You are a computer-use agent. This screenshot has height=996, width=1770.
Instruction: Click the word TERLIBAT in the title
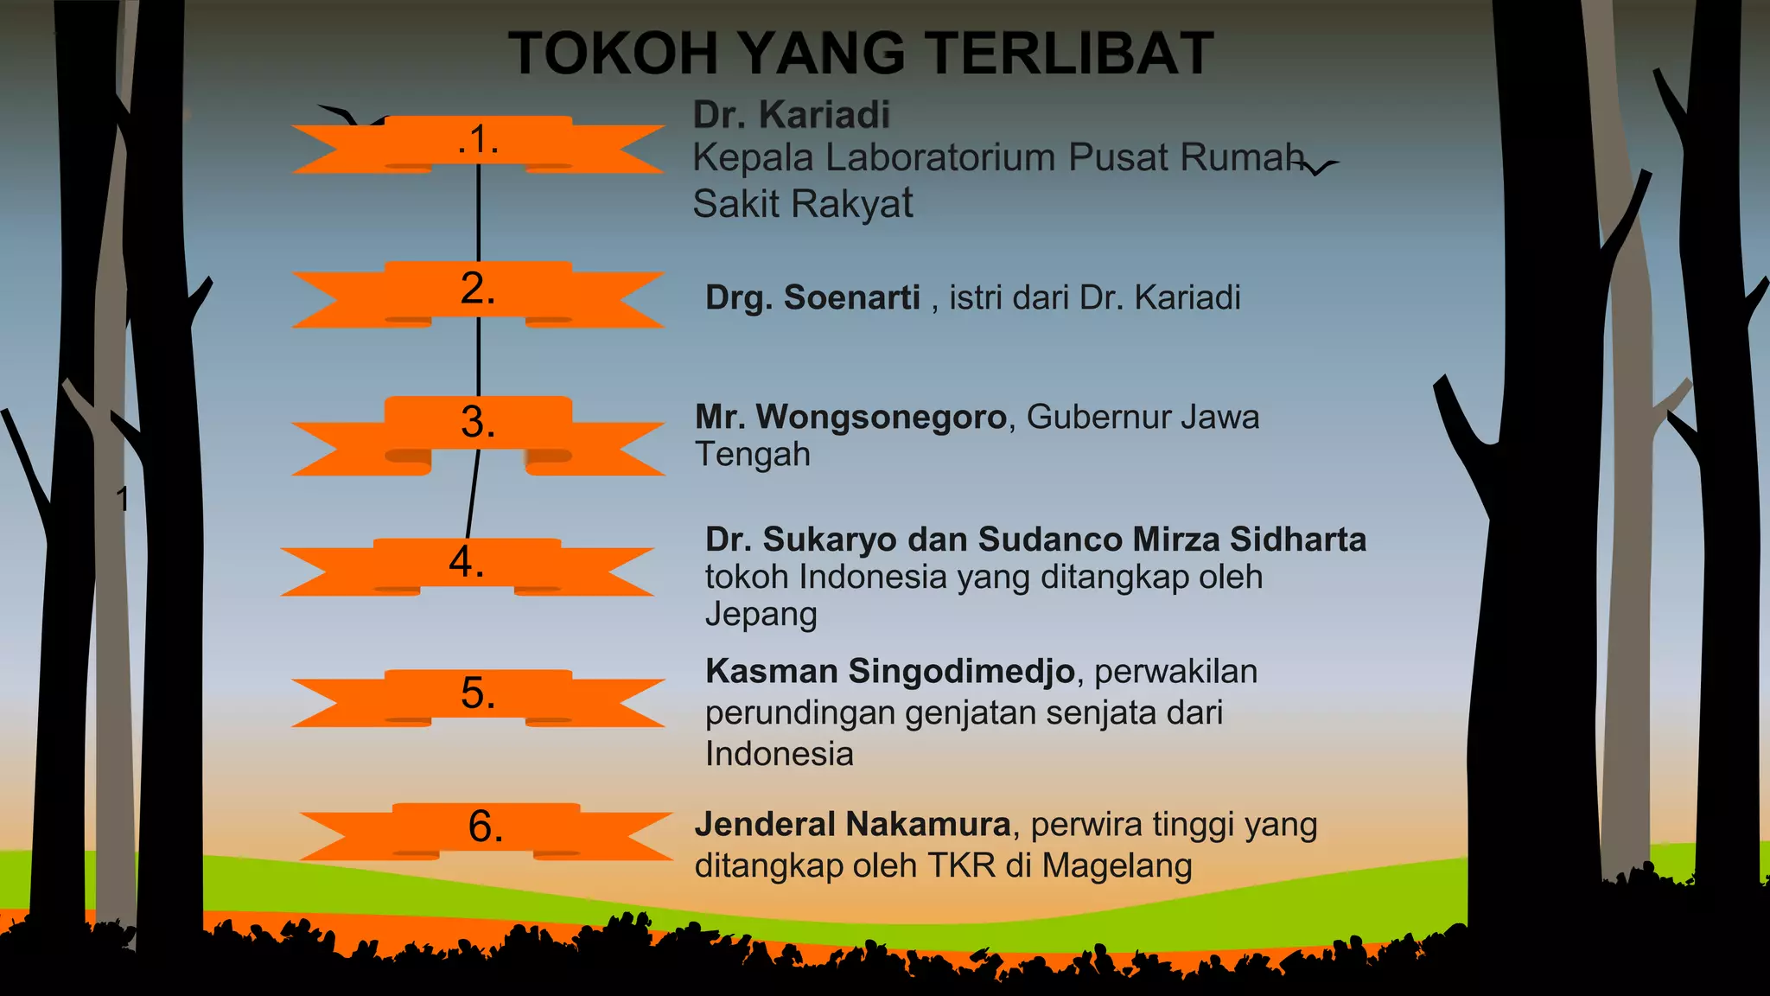point(1073,54)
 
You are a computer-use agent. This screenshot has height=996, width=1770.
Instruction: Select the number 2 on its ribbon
point(478,288)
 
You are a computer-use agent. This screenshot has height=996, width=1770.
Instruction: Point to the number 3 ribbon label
point(478,422)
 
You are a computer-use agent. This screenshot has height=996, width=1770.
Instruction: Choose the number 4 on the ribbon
point(467,562)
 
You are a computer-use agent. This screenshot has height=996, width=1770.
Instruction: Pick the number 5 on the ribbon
point(478,693)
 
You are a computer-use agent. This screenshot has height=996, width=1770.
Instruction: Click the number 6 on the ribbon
point(486,827)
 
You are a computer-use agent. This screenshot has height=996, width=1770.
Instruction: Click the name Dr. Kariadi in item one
point(791,114)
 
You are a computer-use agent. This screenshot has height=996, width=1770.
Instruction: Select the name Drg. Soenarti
point(812,297)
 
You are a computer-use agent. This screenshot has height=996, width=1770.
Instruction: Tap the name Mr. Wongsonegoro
point(851,417)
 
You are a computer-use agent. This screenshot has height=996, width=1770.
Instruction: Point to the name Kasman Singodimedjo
point(890,671)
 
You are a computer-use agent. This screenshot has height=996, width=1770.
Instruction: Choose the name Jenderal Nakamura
point(852,824)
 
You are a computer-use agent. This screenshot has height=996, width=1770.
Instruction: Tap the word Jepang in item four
point(761,615)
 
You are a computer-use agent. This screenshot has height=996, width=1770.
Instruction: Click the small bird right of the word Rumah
point(1320,167)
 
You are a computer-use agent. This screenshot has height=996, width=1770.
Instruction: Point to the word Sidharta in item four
point(1298,539)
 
